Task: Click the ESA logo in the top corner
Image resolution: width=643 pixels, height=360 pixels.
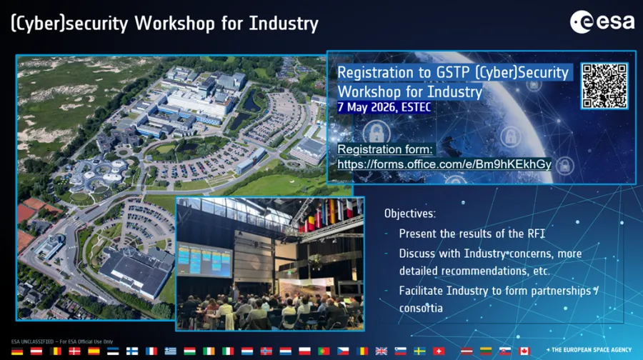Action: (602, 21)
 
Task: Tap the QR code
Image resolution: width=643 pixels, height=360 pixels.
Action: (604, 86)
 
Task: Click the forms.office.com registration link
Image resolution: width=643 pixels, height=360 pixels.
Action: (444, 164)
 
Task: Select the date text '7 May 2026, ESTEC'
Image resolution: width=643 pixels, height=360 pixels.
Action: (384, 107)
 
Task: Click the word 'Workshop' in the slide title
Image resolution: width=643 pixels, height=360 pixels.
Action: (175, 23)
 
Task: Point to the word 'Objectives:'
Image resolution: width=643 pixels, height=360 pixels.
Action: (409, 214)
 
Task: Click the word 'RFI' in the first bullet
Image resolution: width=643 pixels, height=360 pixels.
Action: (537, 234)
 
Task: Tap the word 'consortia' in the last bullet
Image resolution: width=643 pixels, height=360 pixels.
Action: (421, 308)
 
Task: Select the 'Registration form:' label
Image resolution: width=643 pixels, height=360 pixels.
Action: (384, 149)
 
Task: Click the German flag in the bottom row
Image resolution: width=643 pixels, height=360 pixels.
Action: (17, 351)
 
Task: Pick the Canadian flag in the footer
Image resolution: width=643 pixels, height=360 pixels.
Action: (524, 351)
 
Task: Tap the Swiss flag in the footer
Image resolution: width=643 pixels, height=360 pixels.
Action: (439, 351)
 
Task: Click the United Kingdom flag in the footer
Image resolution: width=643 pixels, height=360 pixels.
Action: (381, 351)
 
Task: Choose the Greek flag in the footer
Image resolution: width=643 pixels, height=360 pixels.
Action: (171, 351)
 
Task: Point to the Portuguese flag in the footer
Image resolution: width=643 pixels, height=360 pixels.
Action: (324, 351)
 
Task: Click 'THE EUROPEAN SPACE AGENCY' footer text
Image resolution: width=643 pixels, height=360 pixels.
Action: (592, 350)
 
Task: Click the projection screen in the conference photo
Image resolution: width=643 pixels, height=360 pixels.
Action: (204, 260)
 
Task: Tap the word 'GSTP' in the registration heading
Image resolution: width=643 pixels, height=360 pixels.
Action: (454, 73)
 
